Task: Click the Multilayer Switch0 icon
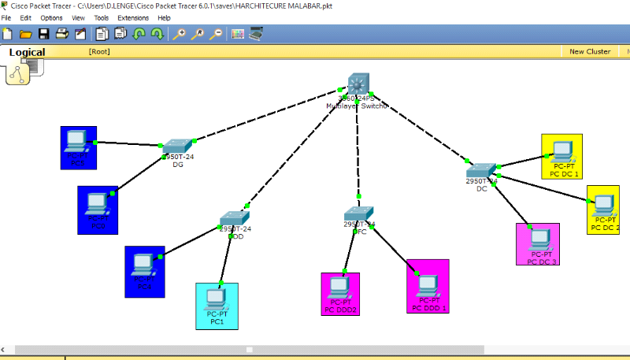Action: (x=358, y=84)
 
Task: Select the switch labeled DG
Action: (x=178, y=147)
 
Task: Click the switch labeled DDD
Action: (x=234, y=217)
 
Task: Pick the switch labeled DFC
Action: (x=359, y=214)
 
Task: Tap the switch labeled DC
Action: (x=480, y=170)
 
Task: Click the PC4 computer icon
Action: (x=143, y=265)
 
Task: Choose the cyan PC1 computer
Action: (x=216, y=299)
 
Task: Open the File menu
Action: (x=6, y=17)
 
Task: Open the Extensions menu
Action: (x=132, y=17)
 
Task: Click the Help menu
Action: (x=164, y=17)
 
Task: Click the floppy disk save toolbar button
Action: (x=44, y=34)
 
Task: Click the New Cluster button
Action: (x=590, y=51)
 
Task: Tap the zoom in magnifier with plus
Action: (x=180, y=34)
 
